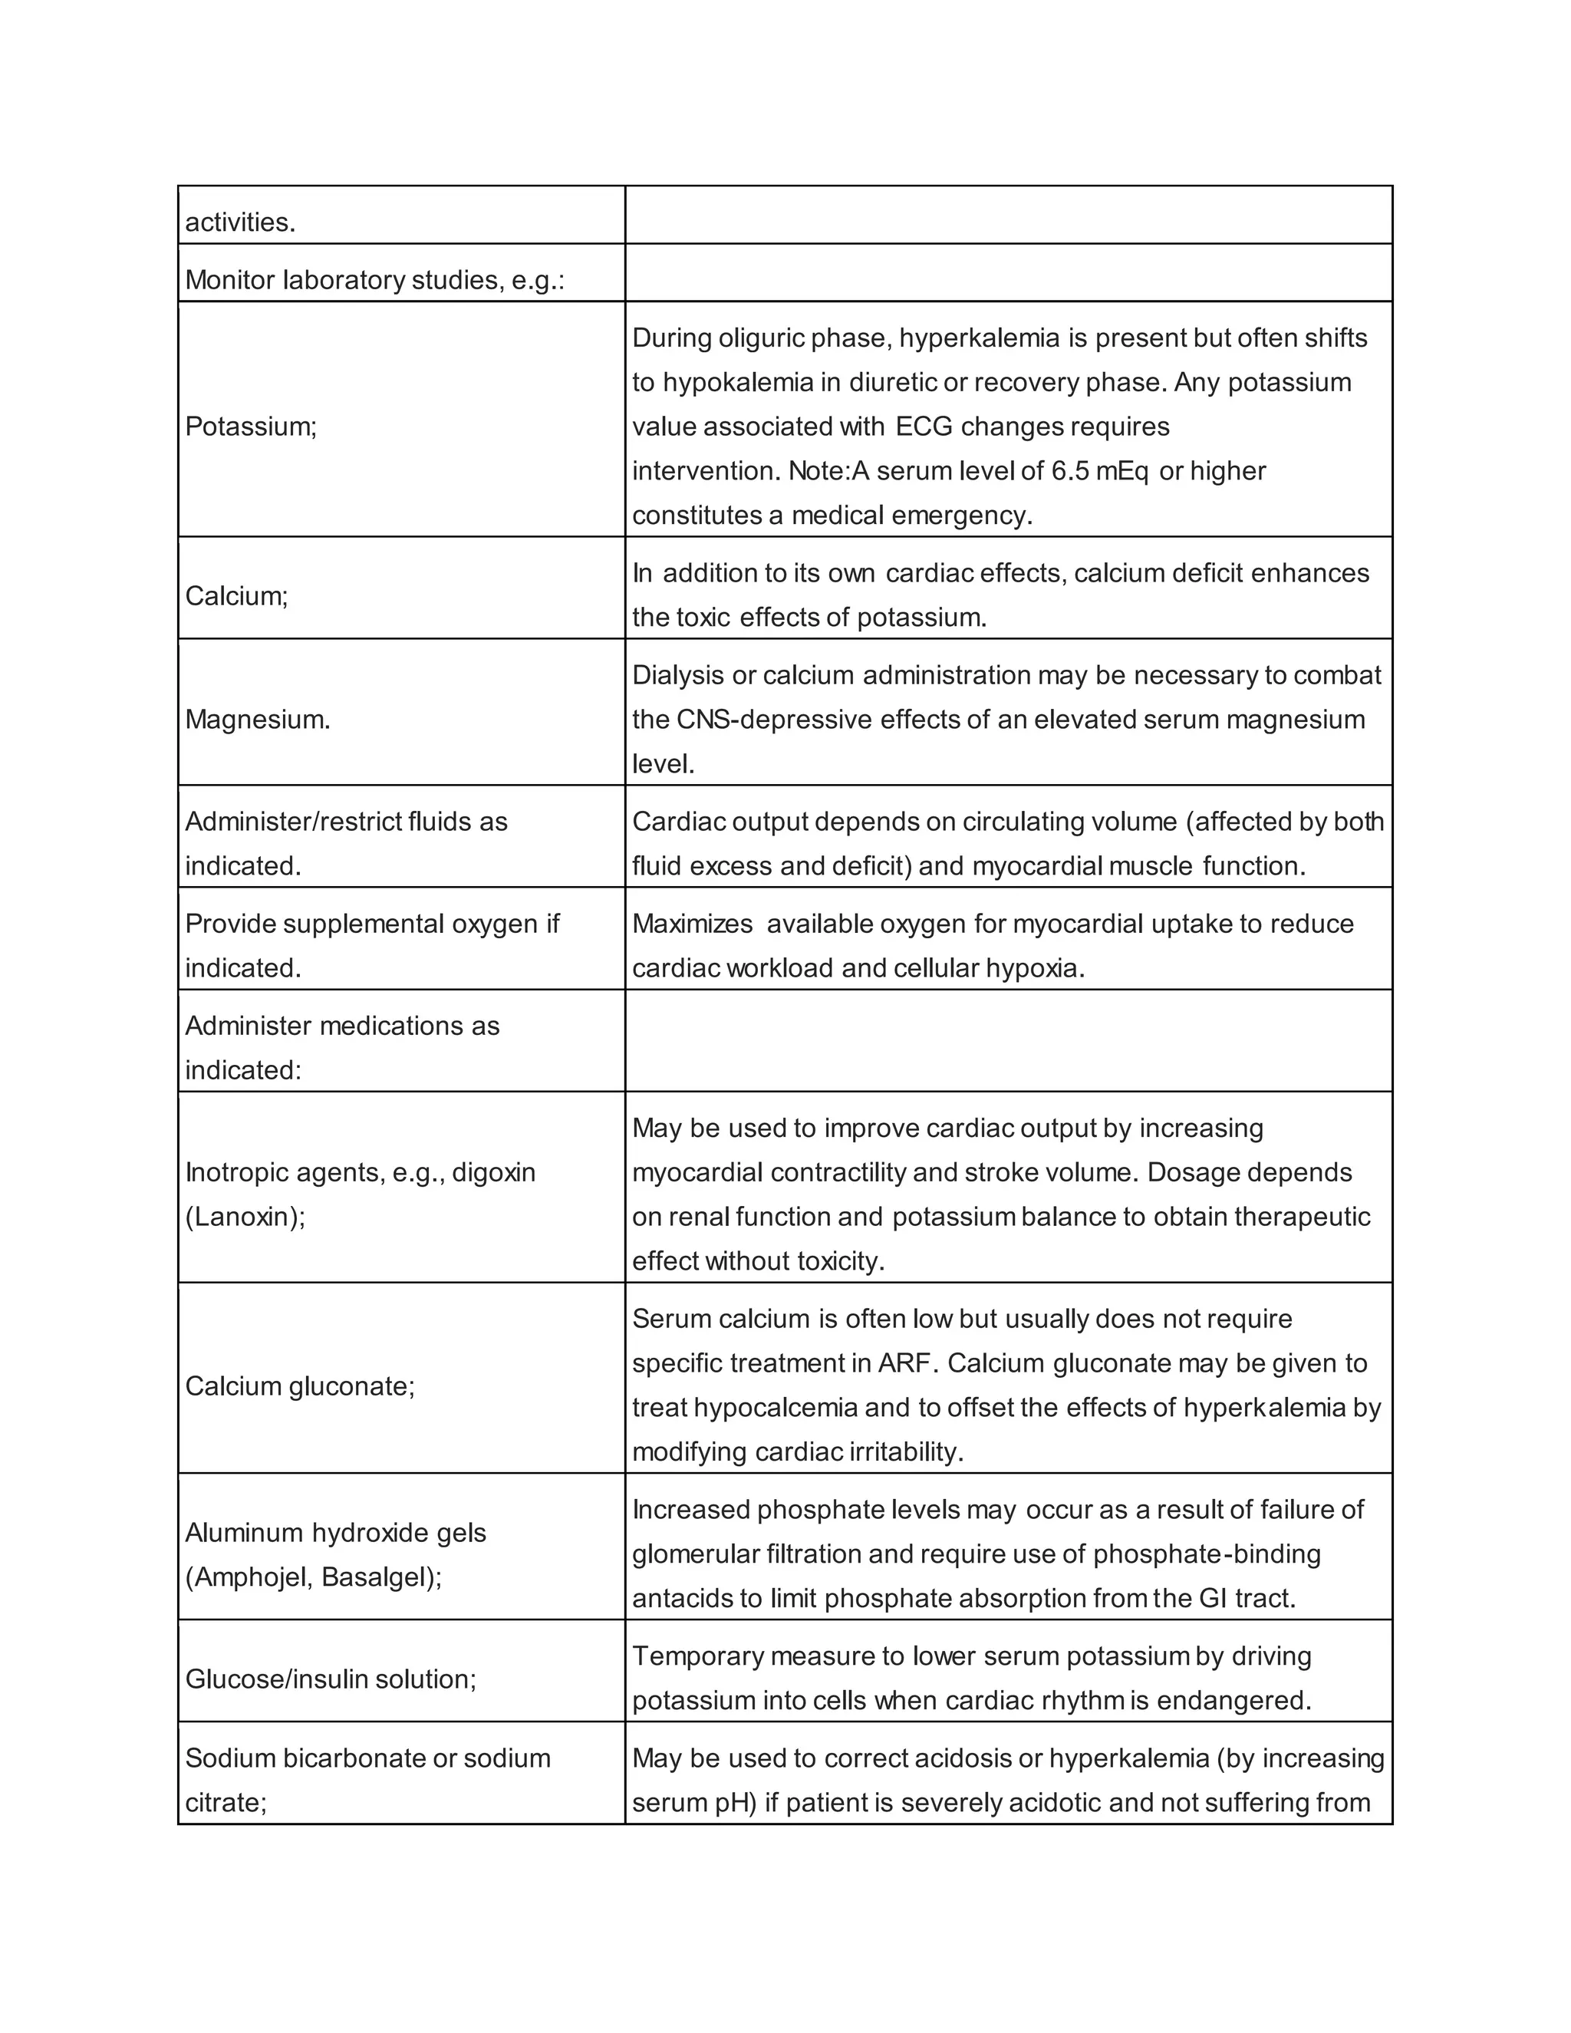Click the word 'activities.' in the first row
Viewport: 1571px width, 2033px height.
tap(240, 222)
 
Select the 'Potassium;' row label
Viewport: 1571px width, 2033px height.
tap(252, 427)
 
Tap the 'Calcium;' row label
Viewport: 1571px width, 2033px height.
tap(236, 596)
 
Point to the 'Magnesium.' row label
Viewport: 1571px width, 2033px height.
tap(258, 720)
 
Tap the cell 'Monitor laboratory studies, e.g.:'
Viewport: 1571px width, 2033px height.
tap(375, 280)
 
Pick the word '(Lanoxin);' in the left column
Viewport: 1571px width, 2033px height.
tap(245, 1217)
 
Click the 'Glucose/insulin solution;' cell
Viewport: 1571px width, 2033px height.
tap(331, 1679)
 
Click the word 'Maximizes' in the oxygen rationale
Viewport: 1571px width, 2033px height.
tap(693, 924)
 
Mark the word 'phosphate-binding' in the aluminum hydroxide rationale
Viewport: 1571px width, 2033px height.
tap(1207, 1554)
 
